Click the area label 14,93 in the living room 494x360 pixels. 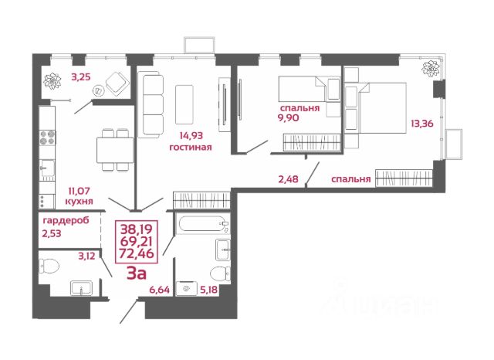(x=191, y=136)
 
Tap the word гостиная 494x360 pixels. (x=191, y=148)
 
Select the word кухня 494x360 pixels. (x=79, y=201)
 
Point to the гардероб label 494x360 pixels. (x=66, y=220)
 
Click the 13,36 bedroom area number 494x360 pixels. (x=422, y=124)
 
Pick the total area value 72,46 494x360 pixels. (x=137, y=253)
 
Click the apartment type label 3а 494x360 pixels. (x=137, y=273)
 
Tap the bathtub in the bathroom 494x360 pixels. (x=203, y=223)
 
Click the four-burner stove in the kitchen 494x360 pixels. (x=47, y=138)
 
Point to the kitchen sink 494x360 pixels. (x=47, y=168)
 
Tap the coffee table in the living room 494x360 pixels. (x=184, y=104)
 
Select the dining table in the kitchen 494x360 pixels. (x=115, y=150)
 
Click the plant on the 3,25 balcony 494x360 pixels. (x=52, y=81)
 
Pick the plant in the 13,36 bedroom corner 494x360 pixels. (x=431, y=68)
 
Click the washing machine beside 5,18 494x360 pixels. (x=187, y=288)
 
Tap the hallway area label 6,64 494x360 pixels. (x=160, y=290)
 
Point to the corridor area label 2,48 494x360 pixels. (x=288, y=179)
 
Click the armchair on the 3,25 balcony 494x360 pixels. (x=117, y=84)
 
